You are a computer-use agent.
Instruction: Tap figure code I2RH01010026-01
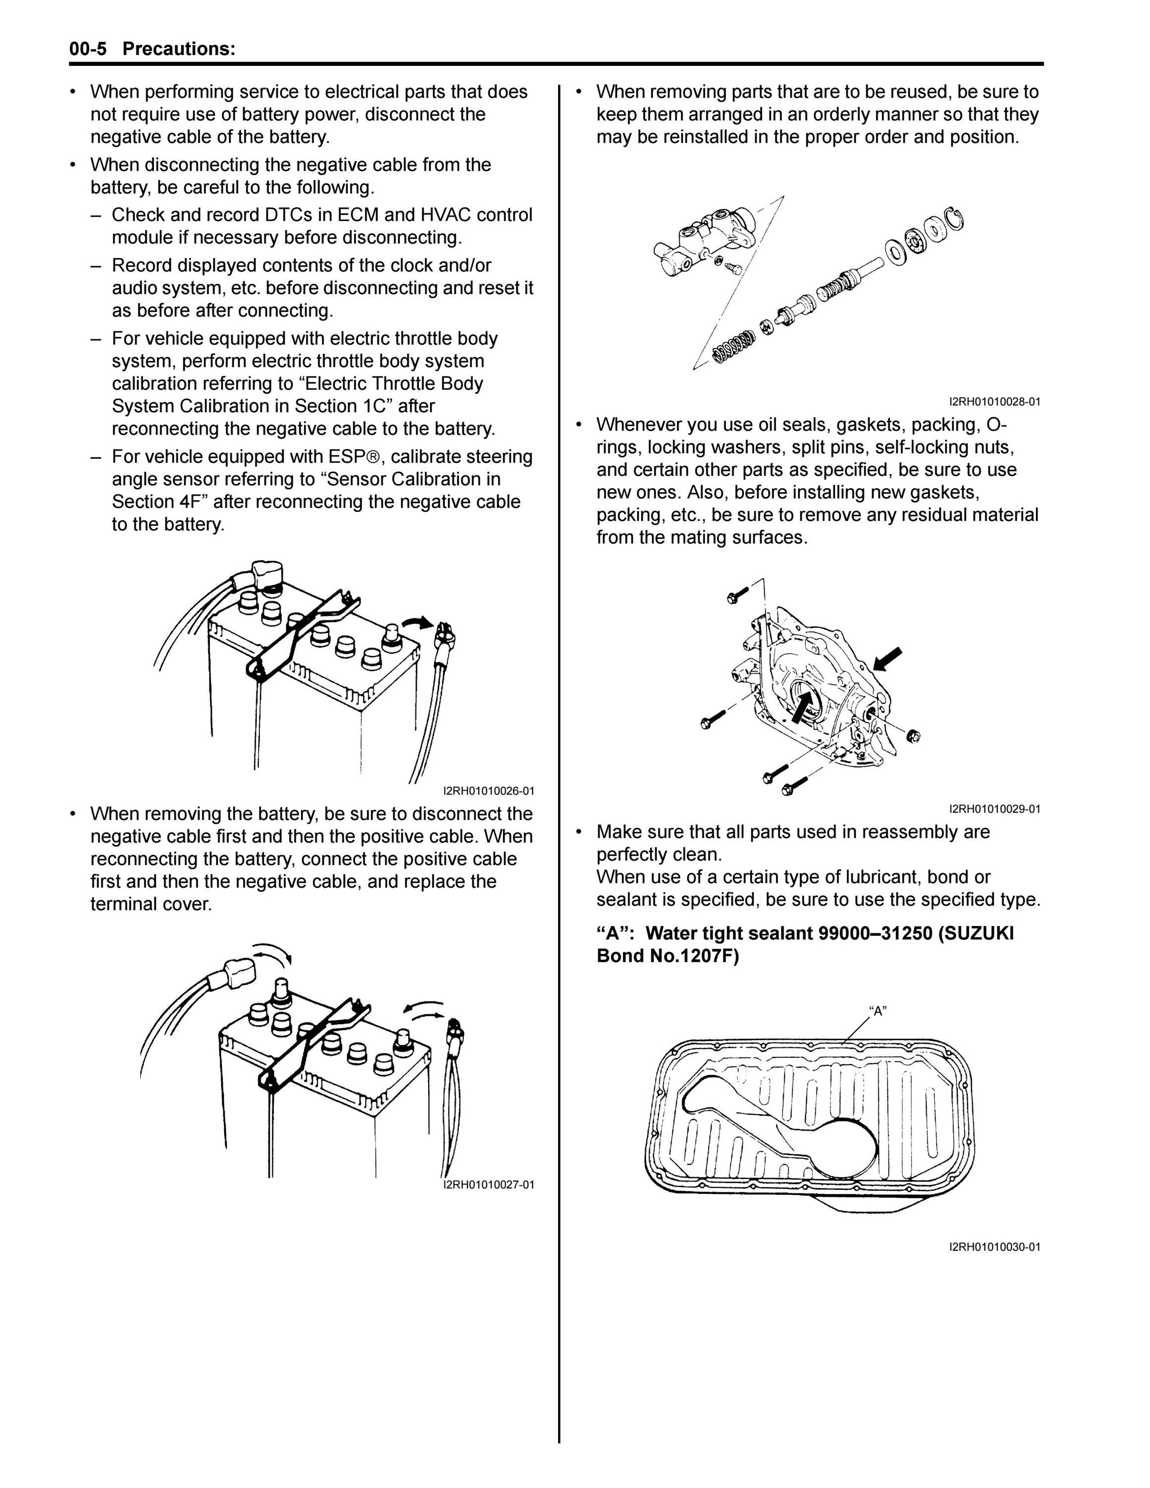point(489,791)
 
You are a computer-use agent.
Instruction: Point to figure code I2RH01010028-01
point(995,402)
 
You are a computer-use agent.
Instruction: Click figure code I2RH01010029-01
point(995,809)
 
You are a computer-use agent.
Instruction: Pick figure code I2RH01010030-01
point(995,1247)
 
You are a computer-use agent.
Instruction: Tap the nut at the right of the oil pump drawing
point(915,737)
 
